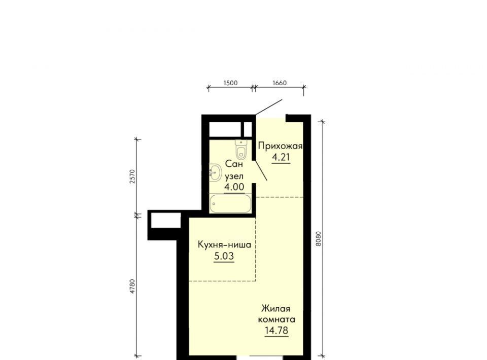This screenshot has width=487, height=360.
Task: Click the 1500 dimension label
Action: tap(230, 83)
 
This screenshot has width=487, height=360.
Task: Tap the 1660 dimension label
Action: tap(280, 83)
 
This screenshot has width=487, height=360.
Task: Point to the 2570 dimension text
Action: tap(132, 176)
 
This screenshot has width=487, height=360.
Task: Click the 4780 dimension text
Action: tap(132, 286)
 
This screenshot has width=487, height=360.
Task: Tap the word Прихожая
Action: tap(280, 146)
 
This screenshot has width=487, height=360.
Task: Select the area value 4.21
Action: tap(281, 157)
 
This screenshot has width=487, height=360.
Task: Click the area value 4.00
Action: tap(234, 187)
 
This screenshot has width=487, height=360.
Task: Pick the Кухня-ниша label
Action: tap(225, 245)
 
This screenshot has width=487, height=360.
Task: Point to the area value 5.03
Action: tap(224, 257)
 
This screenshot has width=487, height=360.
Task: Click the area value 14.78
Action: tap(276, 331)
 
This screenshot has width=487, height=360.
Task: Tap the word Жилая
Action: tap(276, 309)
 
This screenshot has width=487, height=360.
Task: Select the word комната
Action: tap(277, 319)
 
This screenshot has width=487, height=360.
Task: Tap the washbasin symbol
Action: tap(215, 172)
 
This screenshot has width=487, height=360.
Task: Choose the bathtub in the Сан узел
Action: tap(230, 204)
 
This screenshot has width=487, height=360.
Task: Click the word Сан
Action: tap(234, 164)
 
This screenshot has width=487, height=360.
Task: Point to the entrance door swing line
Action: tap(269, 107)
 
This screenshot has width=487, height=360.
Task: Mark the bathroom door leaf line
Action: tap(261, 170)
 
